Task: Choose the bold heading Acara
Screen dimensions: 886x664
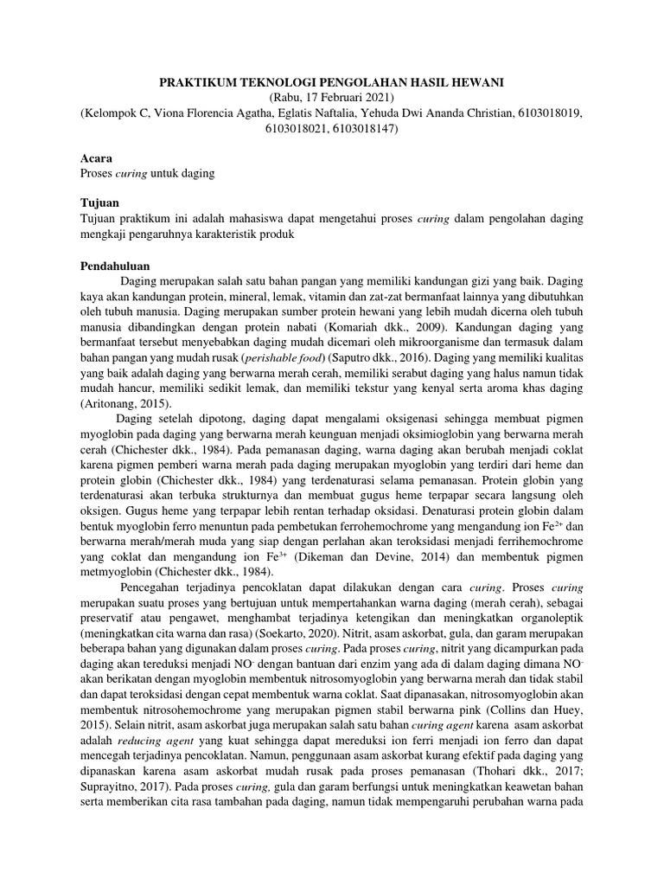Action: click(x=95, y=158)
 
